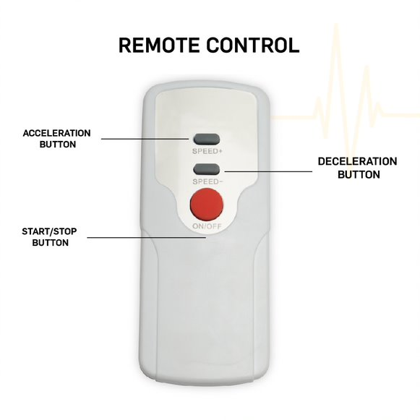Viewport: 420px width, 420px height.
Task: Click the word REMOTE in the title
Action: click(159, 46)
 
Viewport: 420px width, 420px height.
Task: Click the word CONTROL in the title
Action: click(253, 46)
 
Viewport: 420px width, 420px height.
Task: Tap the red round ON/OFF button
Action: click(207, 205)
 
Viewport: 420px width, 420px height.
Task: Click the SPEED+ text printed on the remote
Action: click(207, 151)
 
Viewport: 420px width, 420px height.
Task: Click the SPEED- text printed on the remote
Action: click(207, 181)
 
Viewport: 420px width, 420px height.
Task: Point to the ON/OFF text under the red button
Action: click(207, 226)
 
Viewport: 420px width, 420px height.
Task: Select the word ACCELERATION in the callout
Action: click(57, 133)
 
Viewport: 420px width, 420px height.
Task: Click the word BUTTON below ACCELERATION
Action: click(58, 145)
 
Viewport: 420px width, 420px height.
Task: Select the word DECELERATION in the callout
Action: click(357, 161)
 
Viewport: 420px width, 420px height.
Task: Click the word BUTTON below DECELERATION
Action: click(359, 175)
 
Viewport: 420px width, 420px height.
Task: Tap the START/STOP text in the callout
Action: click(49, 231)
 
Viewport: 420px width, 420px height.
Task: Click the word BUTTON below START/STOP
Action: click(51, 243)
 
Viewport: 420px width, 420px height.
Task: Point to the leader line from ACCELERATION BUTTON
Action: click(145, 139)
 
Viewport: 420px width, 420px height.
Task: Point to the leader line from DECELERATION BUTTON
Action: click(268, 171)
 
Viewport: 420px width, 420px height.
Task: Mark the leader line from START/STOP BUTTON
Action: click(147, 237)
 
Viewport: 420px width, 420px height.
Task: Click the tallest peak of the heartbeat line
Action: click(336, 25)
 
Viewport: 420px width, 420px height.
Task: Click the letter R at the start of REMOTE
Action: click(125, 46)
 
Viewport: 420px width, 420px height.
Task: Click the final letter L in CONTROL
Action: click(293, 46)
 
